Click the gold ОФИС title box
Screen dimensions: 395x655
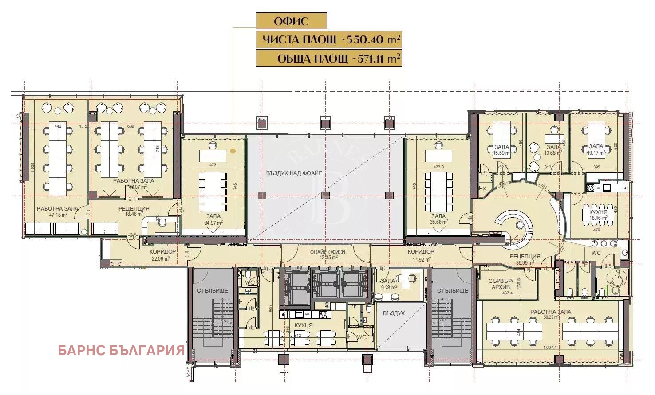[291, 21]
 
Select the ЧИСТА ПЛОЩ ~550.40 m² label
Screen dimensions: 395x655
[329, 39]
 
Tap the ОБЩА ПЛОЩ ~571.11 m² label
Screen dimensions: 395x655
[329, 59]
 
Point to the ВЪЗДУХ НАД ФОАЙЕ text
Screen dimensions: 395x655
[294, 173]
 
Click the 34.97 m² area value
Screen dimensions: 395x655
[213, 223]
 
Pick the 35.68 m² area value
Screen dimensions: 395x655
[438, 222]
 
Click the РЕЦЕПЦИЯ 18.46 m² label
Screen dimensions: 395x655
[134, 211]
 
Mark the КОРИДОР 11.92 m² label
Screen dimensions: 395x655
[421, 254]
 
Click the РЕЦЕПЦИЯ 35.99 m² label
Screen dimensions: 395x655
[525, 259]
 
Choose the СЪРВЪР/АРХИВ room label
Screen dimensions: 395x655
[501, 284]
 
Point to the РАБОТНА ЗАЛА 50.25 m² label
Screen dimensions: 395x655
[551, 314]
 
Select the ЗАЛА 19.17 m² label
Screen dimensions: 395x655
[596, 149]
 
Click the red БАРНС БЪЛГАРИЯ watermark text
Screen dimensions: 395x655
[121, 350]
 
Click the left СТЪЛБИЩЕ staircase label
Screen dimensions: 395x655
[213, 291]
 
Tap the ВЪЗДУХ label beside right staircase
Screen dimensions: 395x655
[394, 313]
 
